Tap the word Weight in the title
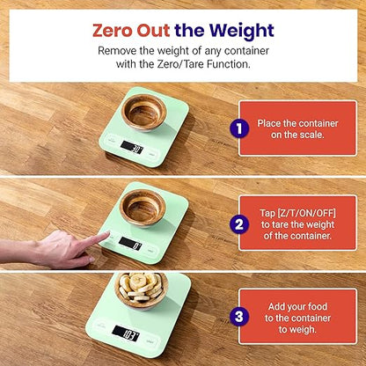(237, 30)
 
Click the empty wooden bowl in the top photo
(143, 113)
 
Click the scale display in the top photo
(132, 150)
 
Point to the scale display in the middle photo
(129, 244)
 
